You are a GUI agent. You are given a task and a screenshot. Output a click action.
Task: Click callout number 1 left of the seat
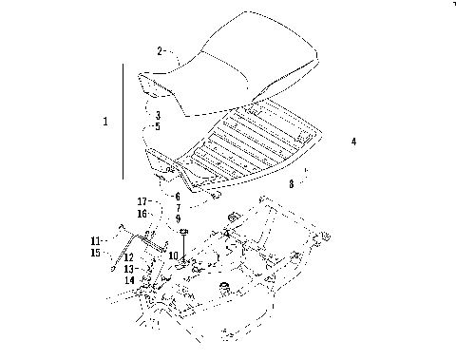105,122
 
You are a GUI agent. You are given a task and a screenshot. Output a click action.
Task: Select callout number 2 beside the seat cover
160,50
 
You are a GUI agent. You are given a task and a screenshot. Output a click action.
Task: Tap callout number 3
158,115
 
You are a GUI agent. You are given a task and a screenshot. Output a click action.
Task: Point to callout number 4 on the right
353,142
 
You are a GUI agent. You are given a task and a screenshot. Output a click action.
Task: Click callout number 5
158,126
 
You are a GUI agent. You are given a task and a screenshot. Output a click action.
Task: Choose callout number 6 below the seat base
177,197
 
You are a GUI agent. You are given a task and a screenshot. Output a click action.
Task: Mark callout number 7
177,208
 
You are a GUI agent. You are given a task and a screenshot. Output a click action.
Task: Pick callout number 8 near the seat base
292,184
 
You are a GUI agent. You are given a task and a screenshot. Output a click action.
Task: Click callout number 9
177,218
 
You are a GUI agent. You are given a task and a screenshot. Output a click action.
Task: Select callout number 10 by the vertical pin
172,255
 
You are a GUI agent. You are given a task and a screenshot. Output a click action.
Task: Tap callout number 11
95,240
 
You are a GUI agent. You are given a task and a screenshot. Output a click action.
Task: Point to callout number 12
128,257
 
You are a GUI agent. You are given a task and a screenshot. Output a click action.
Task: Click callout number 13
128,269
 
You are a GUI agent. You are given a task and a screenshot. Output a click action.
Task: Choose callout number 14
128,280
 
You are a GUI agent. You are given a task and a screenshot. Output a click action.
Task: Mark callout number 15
95,253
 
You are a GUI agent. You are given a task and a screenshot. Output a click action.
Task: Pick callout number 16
142,214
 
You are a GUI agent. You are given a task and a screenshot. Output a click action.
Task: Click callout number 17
142,201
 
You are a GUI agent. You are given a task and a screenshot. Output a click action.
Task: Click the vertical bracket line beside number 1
123,122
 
